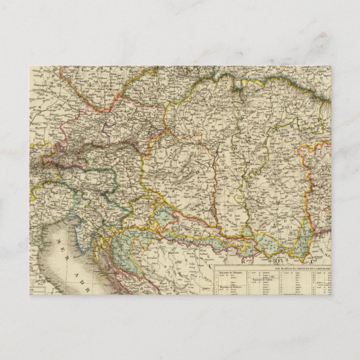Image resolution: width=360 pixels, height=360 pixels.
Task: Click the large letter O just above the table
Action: point(275,259)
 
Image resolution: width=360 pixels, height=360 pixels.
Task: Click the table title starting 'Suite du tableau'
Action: point(302,268)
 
